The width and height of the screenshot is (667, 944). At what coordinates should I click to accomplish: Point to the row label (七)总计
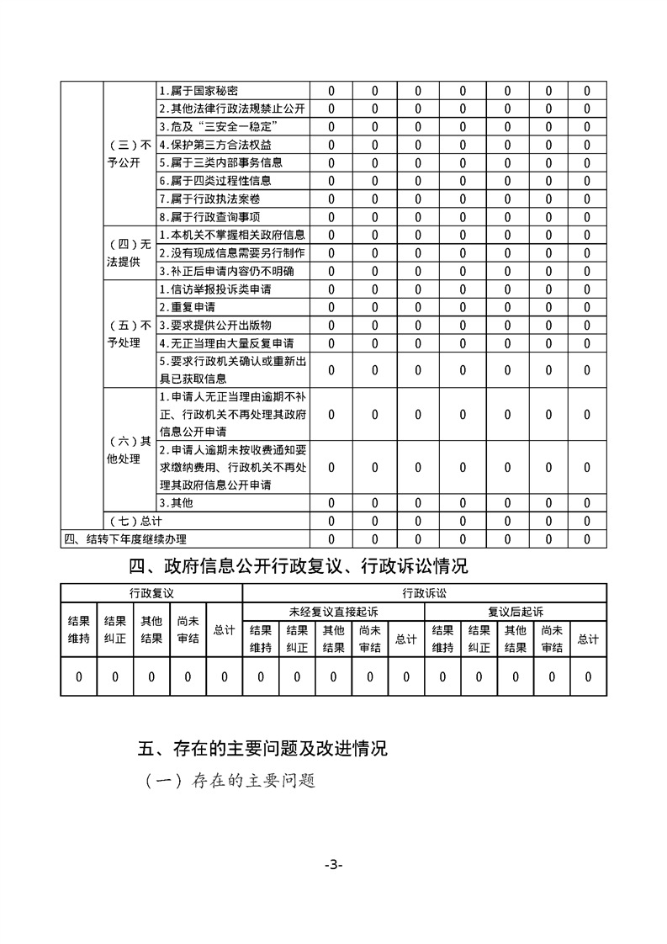130,521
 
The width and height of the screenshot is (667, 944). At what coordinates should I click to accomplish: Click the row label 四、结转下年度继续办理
125,539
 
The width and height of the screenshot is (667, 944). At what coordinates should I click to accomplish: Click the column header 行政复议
151,592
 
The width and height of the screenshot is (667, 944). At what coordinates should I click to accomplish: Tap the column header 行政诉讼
425,592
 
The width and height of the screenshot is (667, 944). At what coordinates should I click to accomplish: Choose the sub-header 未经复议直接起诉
334,612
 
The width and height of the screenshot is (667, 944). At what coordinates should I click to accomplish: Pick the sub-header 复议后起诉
516,612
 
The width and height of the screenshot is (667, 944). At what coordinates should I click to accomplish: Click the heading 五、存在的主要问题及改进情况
262,748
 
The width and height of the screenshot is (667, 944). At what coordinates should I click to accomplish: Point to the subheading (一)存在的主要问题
230,780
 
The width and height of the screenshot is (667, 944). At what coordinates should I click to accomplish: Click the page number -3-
334,866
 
